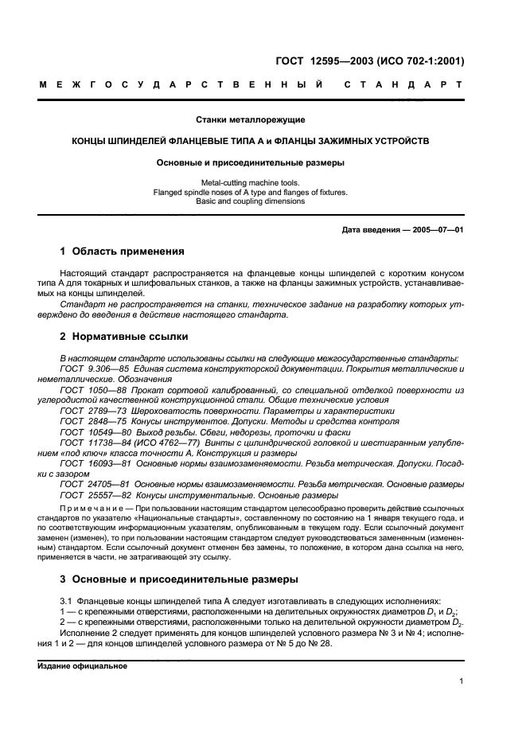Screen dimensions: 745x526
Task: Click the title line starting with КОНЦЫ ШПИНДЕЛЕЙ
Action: coord(251,141)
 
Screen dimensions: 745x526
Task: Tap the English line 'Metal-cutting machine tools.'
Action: coord(251,182)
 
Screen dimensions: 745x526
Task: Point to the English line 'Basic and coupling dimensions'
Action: coord(251,201)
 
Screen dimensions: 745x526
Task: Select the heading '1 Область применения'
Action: coord(123,252)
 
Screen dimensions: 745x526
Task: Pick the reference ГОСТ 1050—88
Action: coord(89,390)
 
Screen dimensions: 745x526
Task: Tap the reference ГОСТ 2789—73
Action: coord(89,411)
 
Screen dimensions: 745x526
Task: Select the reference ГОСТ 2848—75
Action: coord(89,421)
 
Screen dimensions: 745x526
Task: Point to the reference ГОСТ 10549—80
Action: coord(92,431)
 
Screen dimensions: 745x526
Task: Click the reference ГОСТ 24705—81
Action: coord(92,483)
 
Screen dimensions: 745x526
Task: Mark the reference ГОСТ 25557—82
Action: coord(92,493)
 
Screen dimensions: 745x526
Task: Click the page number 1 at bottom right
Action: coord(462,681)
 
